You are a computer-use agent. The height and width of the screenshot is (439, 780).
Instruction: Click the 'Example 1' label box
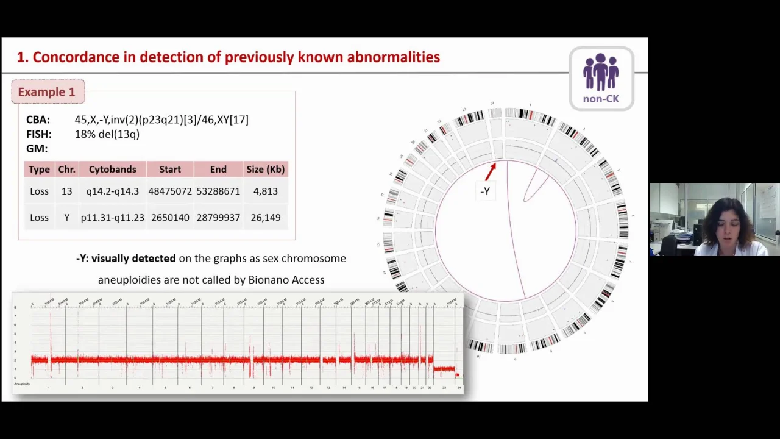47,92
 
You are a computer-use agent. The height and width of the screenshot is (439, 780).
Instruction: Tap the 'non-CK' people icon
601,79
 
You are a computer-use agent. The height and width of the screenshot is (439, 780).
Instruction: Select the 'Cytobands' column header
112,170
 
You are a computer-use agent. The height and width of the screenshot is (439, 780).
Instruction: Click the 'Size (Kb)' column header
265,170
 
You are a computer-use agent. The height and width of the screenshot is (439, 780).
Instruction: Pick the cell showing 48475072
170,191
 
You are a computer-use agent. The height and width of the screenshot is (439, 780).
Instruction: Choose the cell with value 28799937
218,218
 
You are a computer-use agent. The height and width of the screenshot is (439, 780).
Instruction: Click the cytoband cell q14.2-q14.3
112,191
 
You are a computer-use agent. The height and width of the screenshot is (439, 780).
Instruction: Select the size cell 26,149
265,218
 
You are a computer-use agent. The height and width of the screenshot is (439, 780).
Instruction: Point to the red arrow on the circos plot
490,172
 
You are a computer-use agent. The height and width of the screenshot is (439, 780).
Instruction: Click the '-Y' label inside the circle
485,191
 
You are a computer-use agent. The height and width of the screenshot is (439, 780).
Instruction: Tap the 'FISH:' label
39,134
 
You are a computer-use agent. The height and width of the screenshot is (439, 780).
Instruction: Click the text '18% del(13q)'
107,134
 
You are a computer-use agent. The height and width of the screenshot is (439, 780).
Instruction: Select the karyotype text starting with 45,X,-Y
161,120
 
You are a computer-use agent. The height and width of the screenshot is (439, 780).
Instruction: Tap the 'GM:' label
37,149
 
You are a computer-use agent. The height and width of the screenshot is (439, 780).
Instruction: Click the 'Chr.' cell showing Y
66,218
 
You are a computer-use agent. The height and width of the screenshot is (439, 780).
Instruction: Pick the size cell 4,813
265,191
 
